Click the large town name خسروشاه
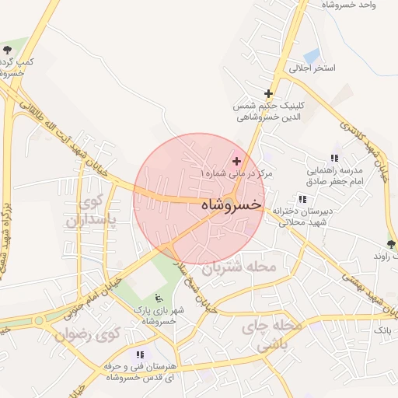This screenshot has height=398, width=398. (231, 205)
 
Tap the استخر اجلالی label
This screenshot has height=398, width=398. (312, 68)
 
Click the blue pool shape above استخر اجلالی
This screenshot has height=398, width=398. (312, 56)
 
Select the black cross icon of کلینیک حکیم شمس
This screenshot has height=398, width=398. (269, 93)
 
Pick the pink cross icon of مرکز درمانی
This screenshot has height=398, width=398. (236, 160)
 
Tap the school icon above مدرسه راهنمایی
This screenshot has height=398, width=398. (334, 157)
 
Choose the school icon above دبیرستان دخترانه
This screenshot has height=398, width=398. (301, 199)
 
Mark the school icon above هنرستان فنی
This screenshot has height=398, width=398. (140, 354)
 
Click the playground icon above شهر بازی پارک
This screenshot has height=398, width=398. (159, 298)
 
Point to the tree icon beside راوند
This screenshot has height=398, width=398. (390, 244)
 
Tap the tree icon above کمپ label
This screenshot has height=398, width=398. (7, 48)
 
